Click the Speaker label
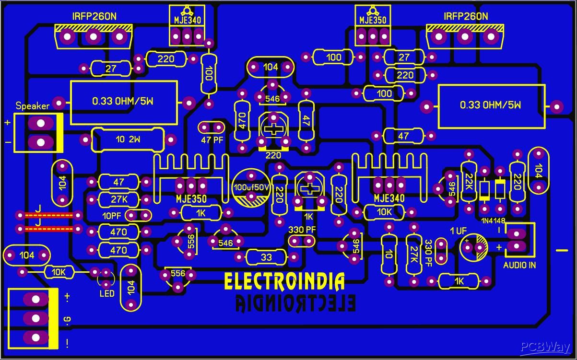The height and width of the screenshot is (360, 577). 33,106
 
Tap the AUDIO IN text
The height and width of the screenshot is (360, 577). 519,265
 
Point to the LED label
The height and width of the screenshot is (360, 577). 107,293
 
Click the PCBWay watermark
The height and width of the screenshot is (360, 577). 545,347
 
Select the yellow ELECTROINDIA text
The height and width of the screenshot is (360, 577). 284,282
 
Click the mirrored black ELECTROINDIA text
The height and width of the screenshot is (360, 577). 295,303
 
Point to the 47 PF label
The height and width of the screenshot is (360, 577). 212,140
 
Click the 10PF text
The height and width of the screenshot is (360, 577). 112,215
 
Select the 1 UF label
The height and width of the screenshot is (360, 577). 458,231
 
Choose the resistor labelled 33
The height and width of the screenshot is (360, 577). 266,257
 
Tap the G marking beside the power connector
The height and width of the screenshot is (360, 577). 67,318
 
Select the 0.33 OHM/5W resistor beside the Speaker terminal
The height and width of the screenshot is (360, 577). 124,102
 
